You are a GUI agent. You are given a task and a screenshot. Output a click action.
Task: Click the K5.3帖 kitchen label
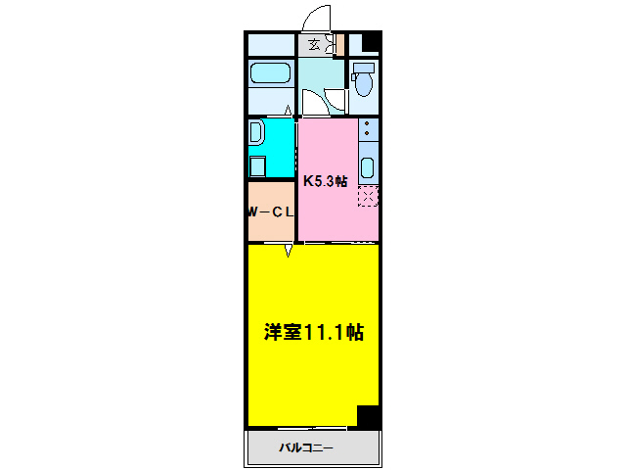[325, 181]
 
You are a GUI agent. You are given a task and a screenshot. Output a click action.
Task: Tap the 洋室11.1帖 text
[313, 332]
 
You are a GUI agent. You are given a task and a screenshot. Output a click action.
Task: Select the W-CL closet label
[270, 211]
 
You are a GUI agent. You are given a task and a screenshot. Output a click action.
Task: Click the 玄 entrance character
[314, 44]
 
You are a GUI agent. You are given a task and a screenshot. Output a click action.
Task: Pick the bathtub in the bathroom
[270, 73]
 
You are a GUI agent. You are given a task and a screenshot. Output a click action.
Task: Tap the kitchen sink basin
[368, 163]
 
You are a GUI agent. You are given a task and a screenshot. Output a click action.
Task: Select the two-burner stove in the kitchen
[367, 132]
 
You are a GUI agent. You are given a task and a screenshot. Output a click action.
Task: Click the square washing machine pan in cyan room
[257, 164]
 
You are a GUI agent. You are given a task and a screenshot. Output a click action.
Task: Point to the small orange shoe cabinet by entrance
[338, 44]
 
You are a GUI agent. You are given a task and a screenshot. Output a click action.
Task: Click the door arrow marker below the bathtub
[289, 111]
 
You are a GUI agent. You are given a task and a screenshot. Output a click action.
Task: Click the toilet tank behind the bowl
[364, 68]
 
